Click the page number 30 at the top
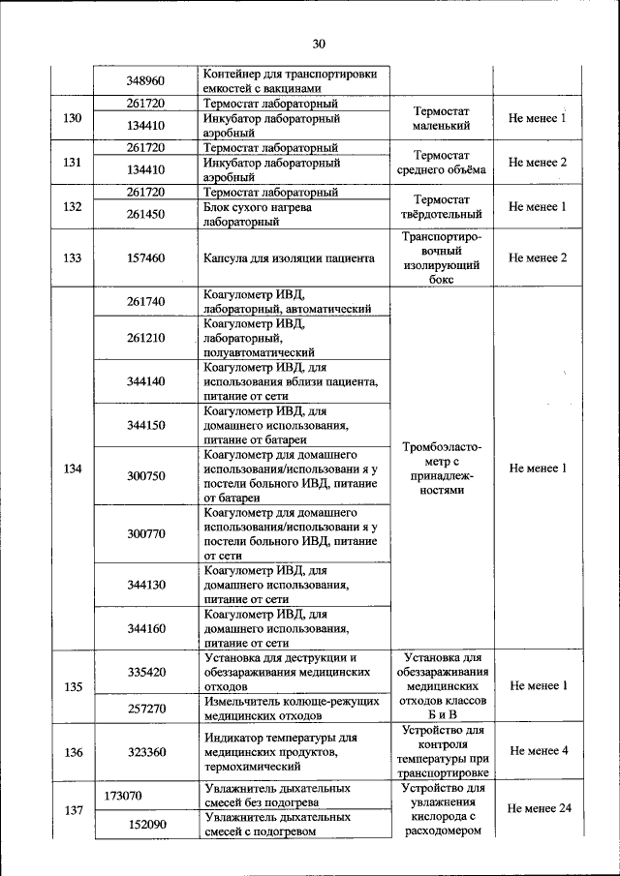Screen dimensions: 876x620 [x=319, y=43]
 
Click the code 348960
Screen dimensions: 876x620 [x=145, y=82]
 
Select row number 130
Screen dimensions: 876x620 [x=72, y=119]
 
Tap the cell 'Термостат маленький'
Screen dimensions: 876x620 [x=441, y=119]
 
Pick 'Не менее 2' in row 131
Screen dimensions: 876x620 [x=537, y=163]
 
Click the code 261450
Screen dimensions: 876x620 [x=145, y=213]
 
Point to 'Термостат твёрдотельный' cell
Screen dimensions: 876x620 [x=441, y=206]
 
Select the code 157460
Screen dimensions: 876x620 [x=145, y=258]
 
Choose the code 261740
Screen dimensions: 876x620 [x=145, y=302]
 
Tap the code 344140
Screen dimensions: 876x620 [x=145, y=381]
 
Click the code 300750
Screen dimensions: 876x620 [x=145, y=475]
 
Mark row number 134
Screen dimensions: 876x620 [x=72, y=468]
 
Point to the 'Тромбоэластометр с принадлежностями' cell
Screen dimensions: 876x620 [x=441, y=468]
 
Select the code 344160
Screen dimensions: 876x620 [x=145, y=628]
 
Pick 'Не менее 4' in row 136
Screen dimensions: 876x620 [x=537, y=751]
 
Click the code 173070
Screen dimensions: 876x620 [x=123, y=796]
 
